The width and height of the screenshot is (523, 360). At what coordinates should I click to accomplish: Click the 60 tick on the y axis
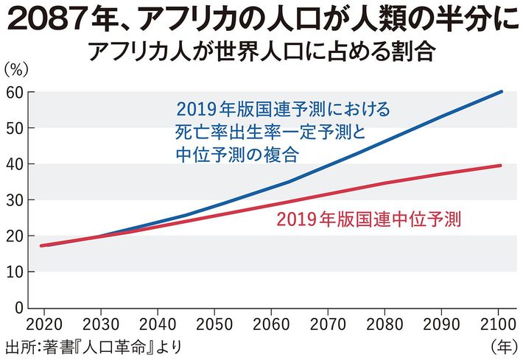click(15, 92)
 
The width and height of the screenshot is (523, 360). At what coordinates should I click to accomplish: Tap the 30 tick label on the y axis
click(15, 200)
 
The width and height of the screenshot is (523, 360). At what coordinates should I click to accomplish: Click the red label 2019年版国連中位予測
click(369, 219)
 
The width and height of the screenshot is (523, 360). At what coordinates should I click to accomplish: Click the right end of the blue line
click(502, 92)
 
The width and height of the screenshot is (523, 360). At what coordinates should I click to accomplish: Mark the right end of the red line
click(502, 166)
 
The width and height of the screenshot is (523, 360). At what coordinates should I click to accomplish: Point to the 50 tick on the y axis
click(15, 128)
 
